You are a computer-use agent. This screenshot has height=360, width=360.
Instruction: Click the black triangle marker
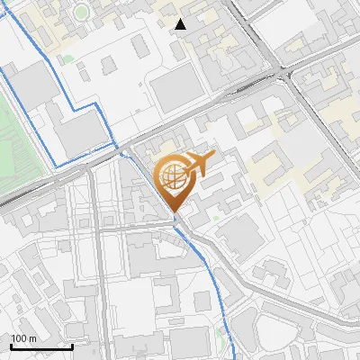(182, 24)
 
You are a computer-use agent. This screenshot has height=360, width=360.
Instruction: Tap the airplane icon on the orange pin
(197, 164)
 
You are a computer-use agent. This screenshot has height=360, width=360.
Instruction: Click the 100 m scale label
(23, 337)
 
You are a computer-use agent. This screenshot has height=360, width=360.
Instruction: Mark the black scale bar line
(41, 346)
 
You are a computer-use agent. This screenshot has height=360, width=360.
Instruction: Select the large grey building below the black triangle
(173, 90)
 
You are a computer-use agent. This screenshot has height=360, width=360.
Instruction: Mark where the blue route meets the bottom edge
(231, 357)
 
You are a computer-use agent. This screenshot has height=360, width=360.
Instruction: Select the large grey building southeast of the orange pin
(238, 234)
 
